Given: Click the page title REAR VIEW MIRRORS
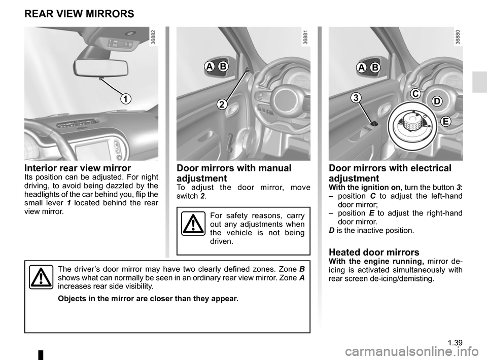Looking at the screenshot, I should [79, 14].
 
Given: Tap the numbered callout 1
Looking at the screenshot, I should [124, 98].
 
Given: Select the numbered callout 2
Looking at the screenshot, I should [222, 104].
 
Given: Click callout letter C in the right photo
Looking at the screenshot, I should [415, 94].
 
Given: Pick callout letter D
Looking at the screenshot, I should [437, 102].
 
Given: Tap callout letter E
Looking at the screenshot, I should [445, 121].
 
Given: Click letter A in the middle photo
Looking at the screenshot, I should [209, 67].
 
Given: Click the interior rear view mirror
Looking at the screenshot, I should [101, 66].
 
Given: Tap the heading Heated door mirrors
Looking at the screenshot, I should [374, 252].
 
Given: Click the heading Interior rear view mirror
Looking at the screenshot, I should [78, 168].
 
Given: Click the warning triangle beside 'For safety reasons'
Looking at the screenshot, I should [193, 227].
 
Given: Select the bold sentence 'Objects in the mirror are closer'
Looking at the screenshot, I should [148, 298].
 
